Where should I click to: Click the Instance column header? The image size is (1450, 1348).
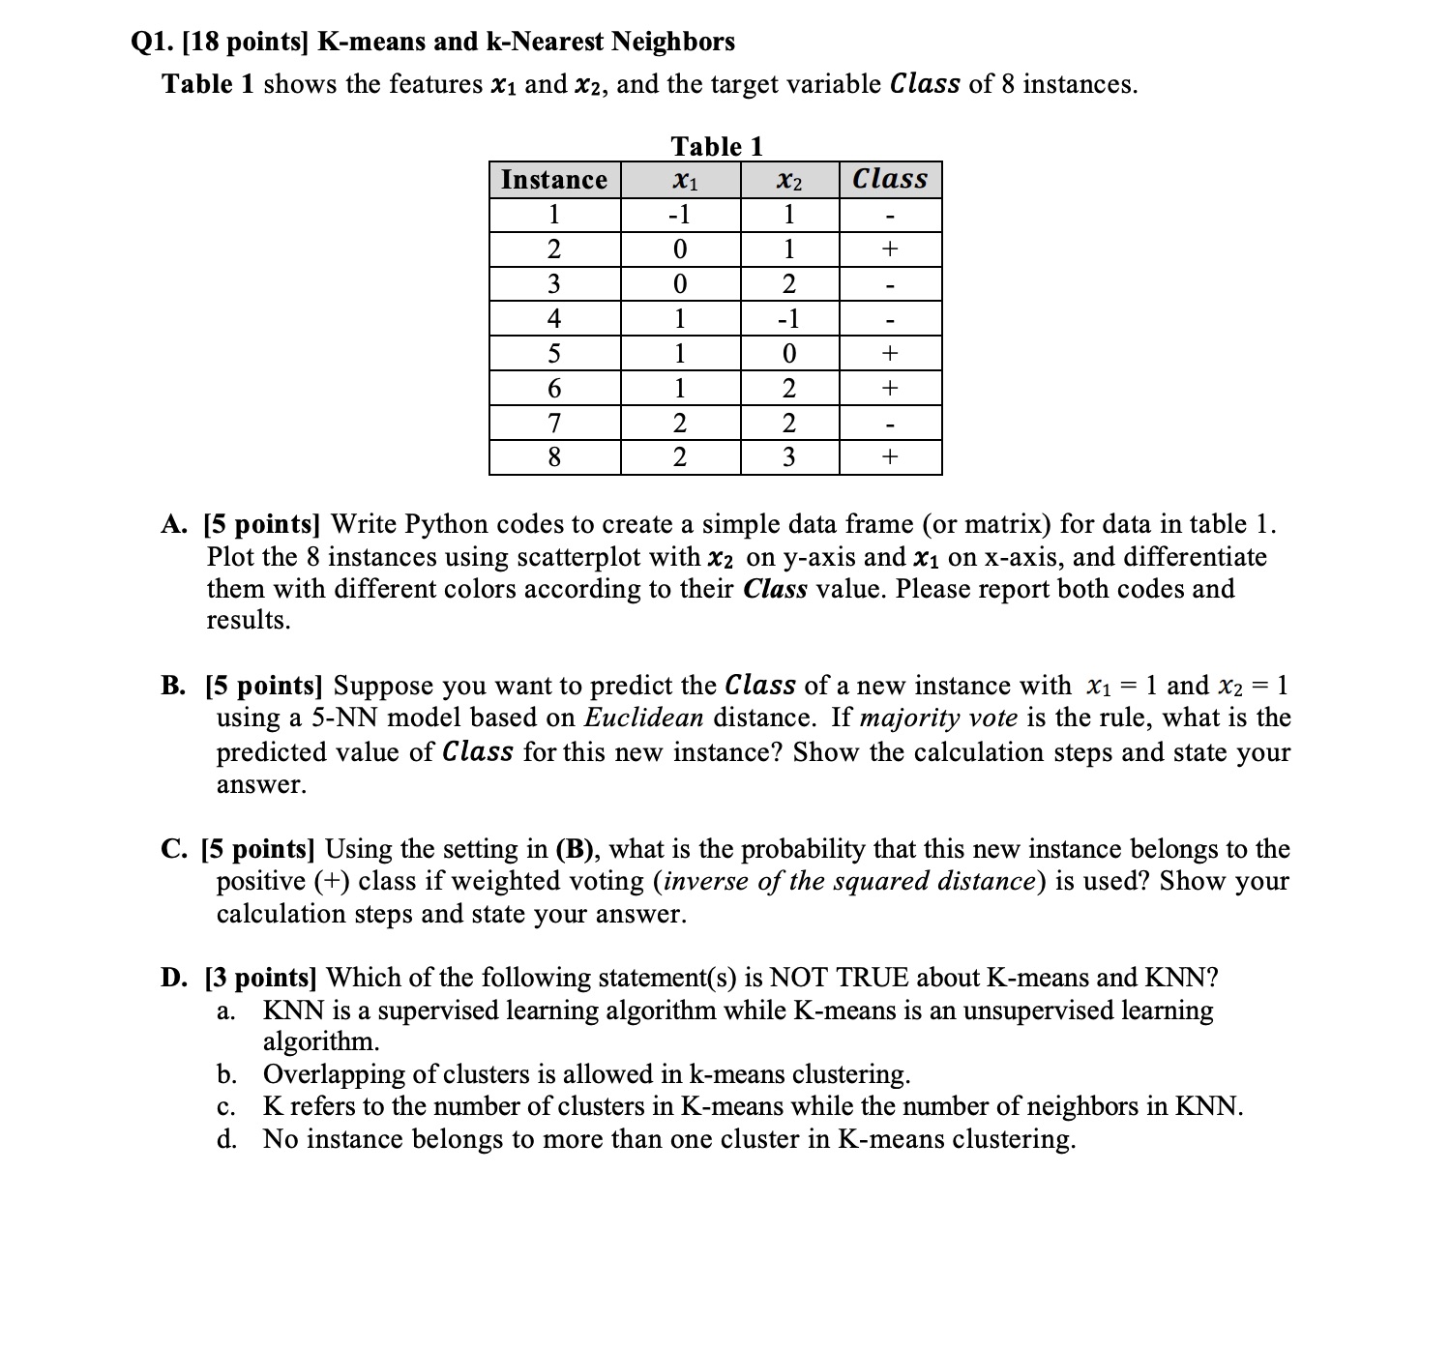554,180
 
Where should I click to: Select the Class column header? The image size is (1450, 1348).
890,179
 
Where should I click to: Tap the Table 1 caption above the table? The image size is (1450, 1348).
717,147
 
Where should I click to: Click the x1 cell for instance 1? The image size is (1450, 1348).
680,215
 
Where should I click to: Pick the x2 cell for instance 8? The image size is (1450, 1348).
789,457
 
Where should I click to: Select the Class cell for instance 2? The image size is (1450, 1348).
890,249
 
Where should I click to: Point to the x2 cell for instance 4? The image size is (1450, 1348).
789,319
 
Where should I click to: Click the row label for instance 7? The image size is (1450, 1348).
554,424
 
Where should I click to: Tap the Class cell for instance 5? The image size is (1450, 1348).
890,354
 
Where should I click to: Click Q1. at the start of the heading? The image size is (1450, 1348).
151,42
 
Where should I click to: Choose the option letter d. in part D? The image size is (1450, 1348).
227,1139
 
